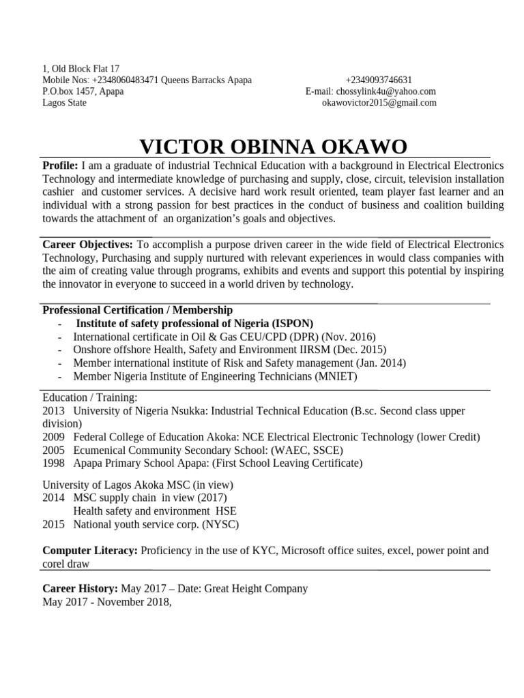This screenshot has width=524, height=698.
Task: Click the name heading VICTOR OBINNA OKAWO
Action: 273,147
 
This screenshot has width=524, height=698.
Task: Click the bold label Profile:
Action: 60,166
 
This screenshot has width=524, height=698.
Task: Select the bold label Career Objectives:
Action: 89,244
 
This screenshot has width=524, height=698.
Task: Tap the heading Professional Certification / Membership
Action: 137,310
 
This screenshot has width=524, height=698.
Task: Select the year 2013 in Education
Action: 53,411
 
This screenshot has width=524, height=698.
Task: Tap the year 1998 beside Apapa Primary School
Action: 53,464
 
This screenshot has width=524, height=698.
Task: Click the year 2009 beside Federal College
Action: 53,437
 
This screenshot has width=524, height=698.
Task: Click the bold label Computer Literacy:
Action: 90,551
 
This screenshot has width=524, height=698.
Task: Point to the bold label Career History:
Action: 81,588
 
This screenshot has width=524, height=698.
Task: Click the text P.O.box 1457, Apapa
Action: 83,91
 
